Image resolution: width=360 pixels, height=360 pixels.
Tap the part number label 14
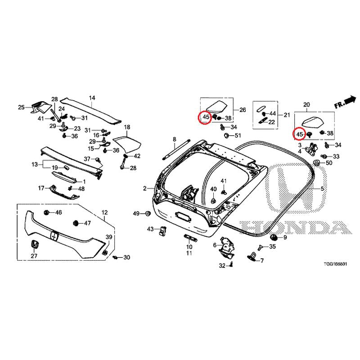(92, 98)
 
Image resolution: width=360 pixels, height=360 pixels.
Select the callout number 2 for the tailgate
(144, 189)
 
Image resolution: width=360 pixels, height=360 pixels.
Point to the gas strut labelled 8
(176, 149)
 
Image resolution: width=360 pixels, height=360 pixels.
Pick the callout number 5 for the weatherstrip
(322, 189)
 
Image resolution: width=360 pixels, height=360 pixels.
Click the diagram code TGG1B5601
(335, 264)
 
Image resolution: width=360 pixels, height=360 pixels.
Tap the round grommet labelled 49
(148, 214)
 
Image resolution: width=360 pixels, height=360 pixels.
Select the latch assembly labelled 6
(226, 247)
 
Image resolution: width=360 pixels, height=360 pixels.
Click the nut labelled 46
(46, 212)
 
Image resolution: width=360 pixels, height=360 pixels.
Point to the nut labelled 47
(75, 223)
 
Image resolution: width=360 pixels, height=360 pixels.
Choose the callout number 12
(104, 212)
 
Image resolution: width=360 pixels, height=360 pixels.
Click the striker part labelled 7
(252, 256)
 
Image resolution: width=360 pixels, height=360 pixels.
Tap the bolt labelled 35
(260, 248)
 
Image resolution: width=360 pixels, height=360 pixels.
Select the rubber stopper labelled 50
(317, 163)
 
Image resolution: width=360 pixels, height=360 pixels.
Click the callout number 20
(306, 105)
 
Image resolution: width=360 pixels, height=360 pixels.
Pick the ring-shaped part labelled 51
(227, 135)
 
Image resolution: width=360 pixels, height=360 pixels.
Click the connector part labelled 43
(163, 230)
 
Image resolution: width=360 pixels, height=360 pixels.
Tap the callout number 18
(127, 127)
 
